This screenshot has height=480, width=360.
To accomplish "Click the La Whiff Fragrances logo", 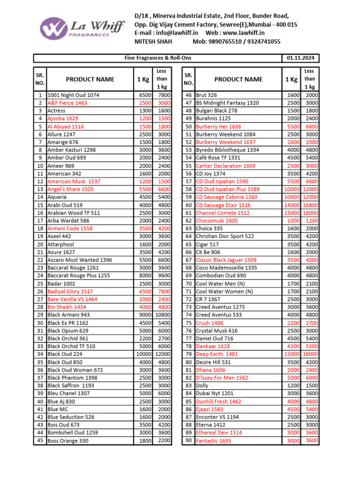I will (82, 28).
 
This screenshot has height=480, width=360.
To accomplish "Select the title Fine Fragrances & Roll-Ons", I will (157, 58).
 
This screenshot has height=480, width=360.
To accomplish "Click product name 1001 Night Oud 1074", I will (74, 95).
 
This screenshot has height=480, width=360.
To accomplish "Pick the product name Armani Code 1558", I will (70, 229).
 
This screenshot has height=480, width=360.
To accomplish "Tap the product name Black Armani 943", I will (68, 315).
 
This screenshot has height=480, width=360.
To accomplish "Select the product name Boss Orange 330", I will (67, 441).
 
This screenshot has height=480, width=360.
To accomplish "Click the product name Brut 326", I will (206, 95).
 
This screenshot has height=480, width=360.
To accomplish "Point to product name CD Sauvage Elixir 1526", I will (223, 205).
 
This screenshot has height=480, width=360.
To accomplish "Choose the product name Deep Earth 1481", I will (217, 354).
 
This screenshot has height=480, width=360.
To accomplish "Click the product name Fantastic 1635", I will (213, 441).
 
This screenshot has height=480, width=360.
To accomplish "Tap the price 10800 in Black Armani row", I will (162, 315).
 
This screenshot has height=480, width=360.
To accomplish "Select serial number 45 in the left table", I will (40, 441).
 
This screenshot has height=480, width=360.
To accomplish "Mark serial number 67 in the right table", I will (189, 260).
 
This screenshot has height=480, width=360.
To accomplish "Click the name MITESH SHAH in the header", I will (153, 42).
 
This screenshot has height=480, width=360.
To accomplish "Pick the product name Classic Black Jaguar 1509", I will (226, 260).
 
